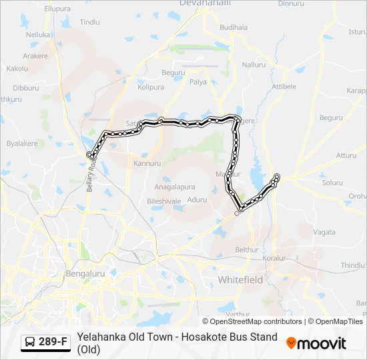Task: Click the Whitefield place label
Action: tap(240, 280)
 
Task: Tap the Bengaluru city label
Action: tap(85, 273)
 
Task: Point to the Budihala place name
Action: tap(233, 27)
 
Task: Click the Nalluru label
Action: tap(254, 65)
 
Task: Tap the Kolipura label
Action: tap(151, 87)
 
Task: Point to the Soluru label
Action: tap(332, 182)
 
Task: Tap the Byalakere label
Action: tap(21, 143)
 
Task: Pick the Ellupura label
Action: tap(57, 9)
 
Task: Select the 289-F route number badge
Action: tap(45, 342)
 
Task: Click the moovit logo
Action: tap(316, 343)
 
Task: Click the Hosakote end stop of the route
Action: tap(277, 177)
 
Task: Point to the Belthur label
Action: tap(247, 249)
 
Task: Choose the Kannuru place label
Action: tap(147, 163)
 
